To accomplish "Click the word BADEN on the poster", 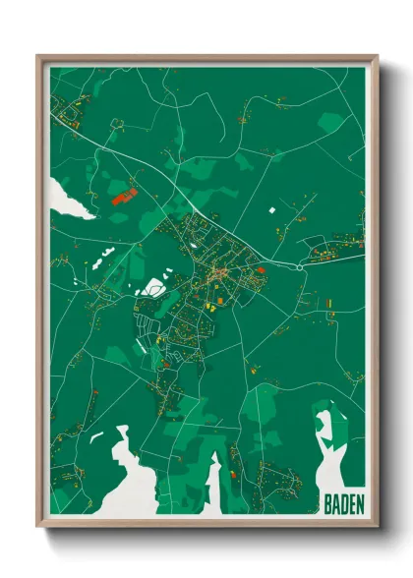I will [x=343, y=505].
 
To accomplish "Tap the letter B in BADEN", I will [x=327, y=505].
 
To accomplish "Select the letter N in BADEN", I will [x=359, y=505].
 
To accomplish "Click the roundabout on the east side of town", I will [x=299, y=266].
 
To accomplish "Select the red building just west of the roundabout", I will [x=261, y=265].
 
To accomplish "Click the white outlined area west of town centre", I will [x=154, y=288].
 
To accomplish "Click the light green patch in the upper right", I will [x=331, y=122].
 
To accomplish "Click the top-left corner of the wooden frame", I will [x=37, y=56].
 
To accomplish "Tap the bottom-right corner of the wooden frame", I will [x=377, y=529].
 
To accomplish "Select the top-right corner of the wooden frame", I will [x=377, y=56].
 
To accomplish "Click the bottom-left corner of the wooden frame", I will [x=37, y=529].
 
